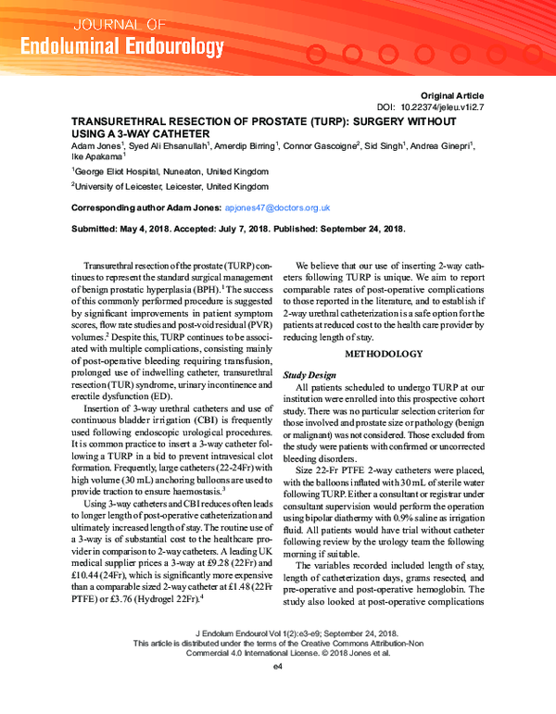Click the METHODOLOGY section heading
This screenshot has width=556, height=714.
[x=384, y=354]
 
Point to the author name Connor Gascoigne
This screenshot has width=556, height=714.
[x=322, y=146]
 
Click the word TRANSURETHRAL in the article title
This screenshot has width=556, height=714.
[x=124, y=121]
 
